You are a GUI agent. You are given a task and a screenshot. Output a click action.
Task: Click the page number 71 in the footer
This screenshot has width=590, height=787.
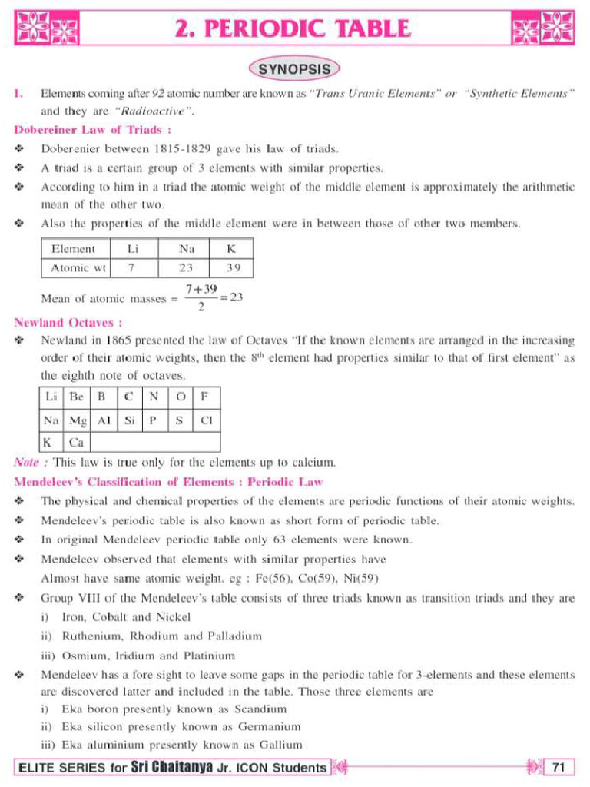tap(559, 767)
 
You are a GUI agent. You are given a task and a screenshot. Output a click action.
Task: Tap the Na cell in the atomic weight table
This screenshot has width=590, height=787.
tap(185, 249)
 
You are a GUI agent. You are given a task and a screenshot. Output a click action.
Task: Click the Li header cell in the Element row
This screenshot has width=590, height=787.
tap(132, 249)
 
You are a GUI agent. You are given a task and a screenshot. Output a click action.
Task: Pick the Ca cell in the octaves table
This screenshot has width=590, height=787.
tap(76, 443)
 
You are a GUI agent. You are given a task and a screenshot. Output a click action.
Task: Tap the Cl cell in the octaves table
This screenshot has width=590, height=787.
tap(206, 420)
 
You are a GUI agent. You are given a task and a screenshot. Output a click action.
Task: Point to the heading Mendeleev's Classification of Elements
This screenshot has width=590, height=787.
tap(168, 482)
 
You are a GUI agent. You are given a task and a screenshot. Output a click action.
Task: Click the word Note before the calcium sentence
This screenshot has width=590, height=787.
tap(29, 463)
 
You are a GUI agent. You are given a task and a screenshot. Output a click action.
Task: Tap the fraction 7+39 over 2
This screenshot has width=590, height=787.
tap(201, 297)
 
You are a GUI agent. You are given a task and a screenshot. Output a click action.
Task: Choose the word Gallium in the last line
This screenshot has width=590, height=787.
tap(280, 744)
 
